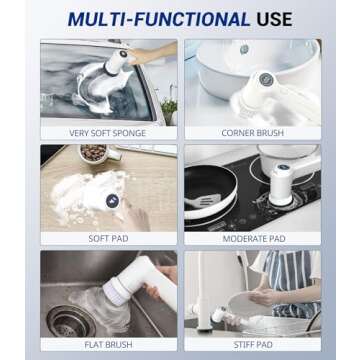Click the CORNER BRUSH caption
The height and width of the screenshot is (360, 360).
(x=252, y=133)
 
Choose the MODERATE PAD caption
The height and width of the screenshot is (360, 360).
(x=252, y=239)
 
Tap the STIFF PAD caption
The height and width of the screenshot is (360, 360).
(x=252, y=344)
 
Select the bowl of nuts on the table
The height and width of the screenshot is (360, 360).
(x=93, y=153)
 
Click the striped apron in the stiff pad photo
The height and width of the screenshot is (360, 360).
(x=297, y=285)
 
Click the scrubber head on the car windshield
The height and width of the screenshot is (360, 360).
(x=108, y=70)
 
